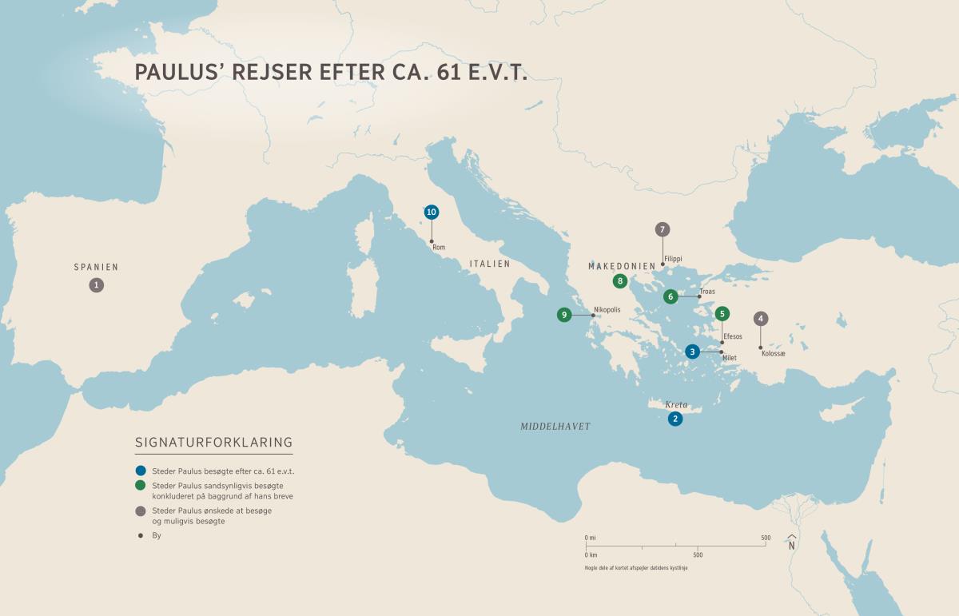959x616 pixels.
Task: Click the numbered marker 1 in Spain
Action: [97, 284]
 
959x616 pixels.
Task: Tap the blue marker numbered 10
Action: [432, 212]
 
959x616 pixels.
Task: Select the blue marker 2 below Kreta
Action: [675, 419]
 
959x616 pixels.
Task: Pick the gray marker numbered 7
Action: [662, 230]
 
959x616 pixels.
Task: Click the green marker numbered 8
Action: [619, 281]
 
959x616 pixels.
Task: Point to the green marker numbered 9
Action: [564, 315]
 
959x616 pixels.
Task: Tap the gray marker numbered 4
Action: [761, 319]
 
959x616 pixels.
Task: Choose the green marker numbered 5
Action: [722, 314]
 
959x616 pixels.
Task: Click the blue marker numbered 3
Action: [693, 352]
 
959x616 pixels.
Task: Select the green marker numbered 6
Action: [671, 296]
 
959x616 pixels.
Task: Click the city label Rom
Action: [439, 248]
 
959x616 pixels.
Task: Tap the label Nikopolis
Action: [607, 310]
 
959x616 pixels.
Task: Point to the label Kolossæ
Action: [774, 353]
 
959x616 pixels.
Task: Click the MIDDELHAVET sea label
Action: [555, 427]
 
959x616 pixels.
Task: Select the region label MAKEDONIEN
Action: [622, 265]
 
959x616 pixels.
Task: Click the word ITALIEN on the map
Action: [490, 264]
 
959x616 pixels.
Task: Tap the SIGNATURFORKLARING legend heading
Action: [214, 442]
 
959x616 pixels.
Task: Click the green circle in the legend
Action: [141, 486]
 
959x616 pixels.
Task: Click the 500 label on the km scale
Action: [698, 554]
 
